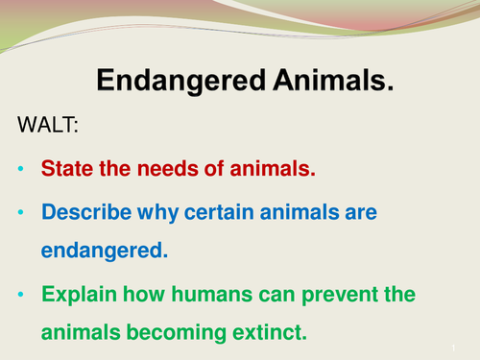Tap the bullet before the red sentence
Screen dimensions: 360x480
tap(22, 169)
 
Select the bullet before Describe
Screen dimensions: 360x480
tap(22, 212)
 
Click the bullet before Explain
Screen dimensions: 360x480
tap(22, 295)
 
